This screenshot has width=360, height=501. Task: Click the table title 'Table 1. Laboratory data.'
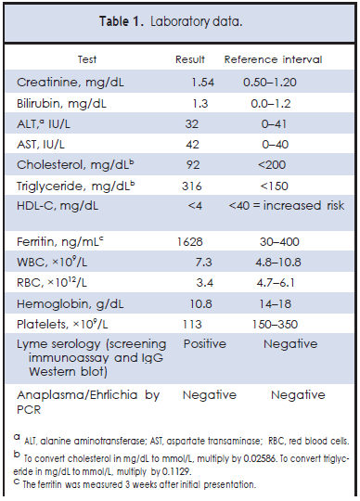[x=178, y=25]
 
